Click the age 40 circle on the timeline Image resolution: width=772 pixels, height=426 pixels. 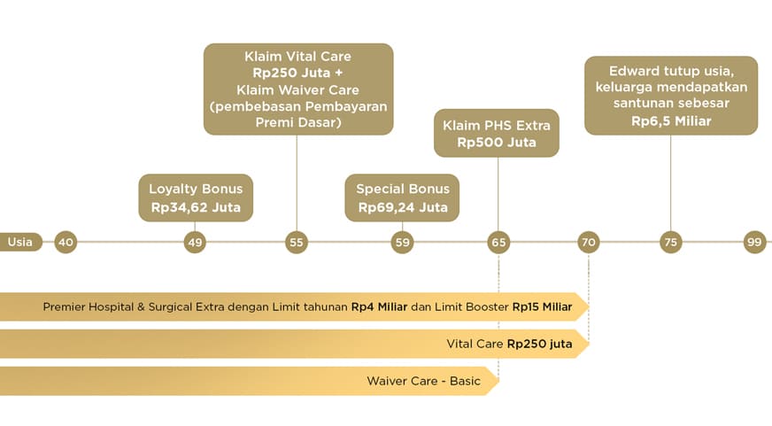tap(66, 242)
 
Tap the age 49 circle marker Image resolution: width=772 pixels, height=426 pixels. tap(195, 242)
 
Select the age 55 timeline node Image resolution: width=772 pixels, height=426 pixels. tap(297, 242)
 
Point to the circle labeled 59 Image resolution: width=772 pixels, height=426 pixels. tap(403, 242)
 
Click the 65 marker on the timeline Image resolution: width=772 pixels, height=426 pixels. tap(498, 242)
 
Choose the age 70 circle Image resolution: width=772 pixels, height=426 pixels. tap(589, 242)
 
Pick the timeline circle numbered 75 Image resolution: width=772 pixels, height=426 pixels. tap(670, 242)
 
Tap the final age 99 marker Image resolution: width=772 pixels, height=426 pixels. tap(754, 242)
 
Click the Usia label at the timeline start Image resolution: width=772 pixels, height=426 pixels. tap(20, 242)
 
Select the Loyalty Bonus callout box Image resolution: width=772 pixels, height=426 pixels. tap(196, 198)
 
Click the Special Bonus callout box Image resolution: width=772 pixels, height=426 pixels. tap(403, 198)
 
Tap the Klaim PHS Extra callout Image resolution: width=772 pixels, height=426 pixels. tap(497, 134)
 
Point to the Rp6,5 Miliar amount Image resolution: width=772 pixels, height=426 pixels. tap(671, 120)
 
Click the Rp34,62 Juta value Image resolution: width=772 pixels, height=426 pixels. tap(196, 209)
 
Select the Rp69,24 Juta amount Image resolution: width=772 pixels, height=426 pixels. tap(403, 209)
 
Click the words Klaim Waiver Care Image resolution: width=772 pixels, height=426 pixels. tap(298, 89)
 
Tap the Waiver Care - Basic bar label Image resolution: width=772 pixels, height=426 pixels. tap(424, 382)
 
